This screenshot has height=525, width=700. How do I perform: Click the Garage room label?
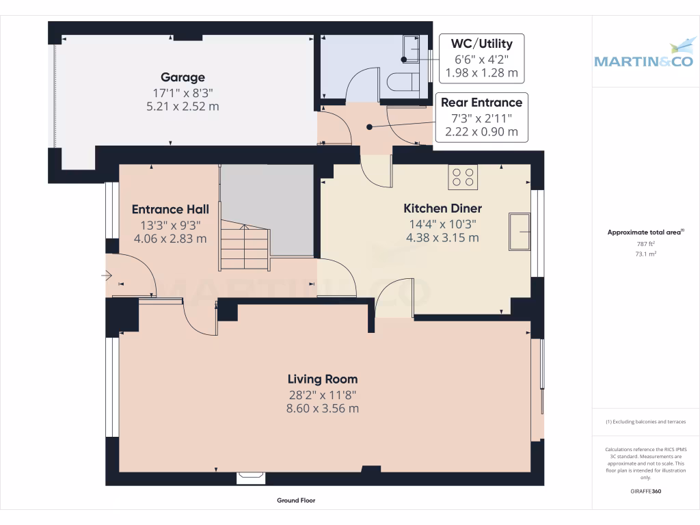point(183,77)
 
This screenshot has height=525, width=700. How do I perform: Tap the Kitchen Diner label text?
point(442,208)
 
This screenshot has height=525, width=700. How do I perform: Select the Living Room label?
point(323,379)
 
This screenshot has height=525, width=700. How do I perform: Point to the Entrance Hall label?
point(170,209)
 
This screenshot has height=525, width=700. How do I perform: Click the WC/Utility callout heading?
point(482,44)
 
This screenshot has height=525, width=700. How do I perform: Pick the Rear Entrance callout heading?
point(481,103)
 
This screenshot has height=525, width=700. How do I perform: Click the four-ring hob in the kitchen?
point(463,177)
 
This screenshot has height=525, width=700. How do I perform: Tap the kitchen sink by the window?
point(520,232)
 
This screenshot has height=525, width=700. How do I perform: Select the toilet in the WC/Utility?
point(403,83)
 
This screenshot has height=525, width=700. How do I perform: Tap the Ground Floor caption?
point(296,500)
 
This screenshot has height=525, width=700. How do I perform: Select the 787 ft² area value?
point(645,244)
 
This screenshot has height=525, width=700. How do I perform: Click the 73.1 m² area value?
point(645,254)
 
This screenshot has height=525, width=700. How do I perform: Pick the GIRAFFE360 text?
point(645,491)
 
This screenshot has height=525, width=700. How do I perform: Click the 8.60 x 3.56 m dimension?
point(323,409)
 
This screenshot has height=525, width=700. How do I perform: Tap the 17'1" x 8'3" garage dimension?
point(183,93)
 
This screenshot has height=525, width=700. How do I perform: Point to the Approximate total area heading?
point(645,232)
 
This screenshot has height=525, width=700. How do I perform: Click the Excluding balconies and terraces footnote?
point(645,421)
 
